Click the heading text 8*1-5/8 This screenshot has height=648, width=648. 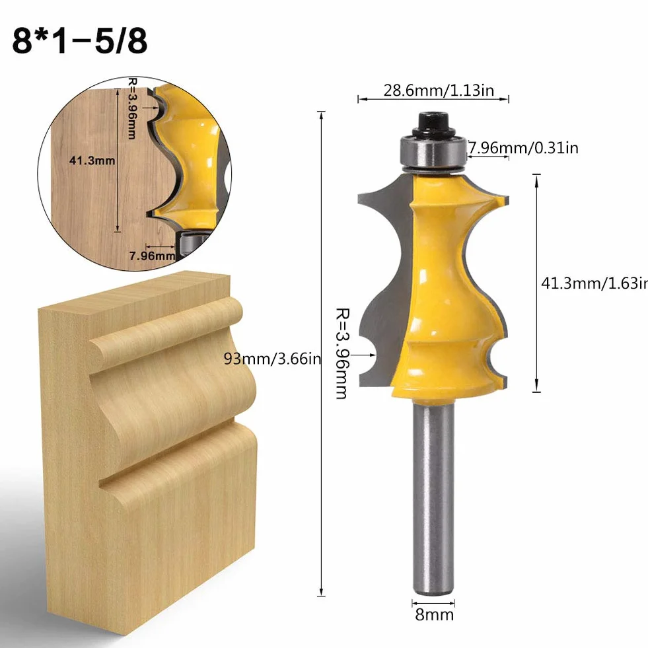pos(80,41)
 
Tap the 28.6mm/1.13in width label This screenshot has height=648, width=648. pos(439,90)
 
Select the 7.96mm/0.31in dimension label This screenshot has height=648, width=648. pos(523,147)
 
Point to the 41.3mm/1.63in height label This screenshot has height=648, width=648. pos(594,283)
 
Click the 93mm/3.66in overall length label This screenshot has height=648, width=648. pos(272,358)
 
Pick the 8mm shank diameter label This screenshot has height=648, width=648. pos(435,614)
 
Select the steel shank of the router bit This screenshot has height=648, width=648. pos(433,498)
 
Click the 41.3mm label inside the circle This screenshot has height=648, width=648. pos(92,161)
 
